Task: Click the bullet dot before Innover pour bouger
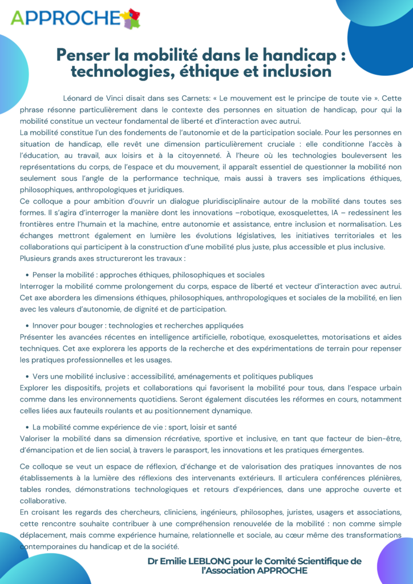(x=27, y=326)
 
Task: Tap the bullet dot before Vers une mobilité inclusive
(x=27, y=376)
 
